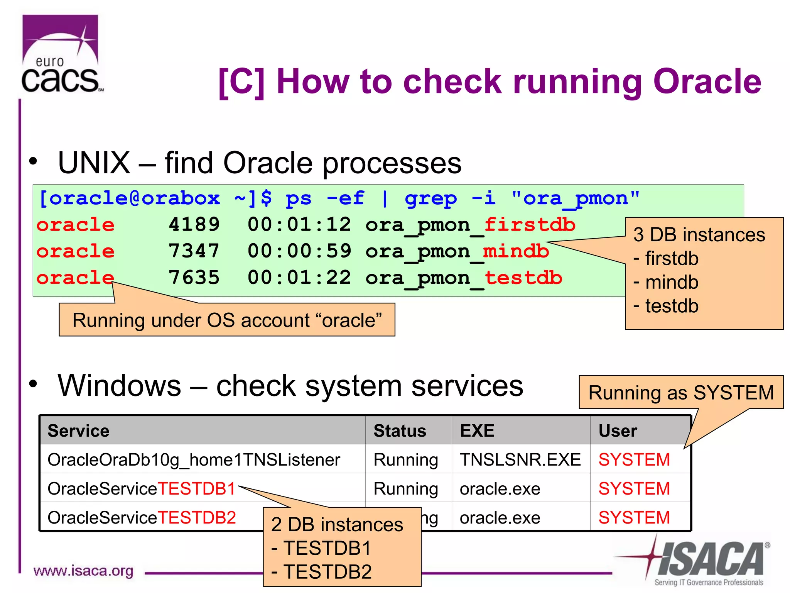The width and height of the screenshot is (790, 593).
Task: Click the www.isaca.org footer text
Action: pyautogui.click(x=83, y=571)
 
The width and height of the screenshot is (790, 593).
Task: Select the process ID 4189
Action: pyautogui.click(x=194, y=224)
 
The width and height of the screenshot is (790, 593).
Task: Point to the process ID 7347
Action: pyautogui.click(x=194, y=251)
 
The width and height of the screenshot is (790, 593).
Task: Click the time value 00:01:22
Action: pyautogui.click(x=299, y=278)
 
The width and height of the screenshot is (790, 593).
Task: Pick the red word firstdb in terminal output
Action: pyautogui.click(x=530, y=224)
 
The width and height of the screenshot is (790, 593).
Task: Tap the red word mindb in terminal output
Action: pyautogui.click(x=516, y=251)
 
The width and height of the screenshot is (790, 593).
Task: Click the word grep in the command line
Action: pyautogui.click(x=430, y=198)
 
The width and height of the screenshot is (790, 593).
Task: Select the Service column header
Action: pyautogui.click(x=78, y=430)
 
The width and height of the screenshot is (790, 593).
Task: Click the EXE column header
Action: pyautogui.click(x=477, y=430)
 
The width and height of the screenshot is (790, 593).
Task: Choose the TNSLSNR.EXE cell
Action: pyautogui.click(x=520, y=459)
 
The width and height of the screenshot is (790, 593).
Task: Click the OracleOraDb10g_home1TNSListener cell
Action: pyautogui.click(x=194, y=459)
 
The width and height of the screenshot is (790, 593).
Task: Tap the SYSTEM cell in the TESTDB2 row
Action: pyautogui.click(x=634, y=517)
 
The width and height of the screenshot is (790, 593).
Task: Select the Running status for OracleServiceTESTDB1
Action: pyautogui.click(x=406, y=489)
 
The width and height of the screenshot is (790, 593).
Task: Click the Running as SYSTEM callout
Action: pyautogui.click(x=681, y=393)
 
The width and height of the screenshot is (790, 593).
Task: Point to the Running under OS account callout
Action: pyautogui.click(x=227, y=320)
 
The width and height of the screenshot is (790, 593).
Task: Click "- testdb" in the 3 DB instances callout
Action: pyautogui.click(x=667, y=306)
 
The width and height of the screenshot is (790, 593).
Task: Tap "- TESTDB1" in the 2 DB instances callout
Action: pyautogui.click(x=322, y=548)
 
